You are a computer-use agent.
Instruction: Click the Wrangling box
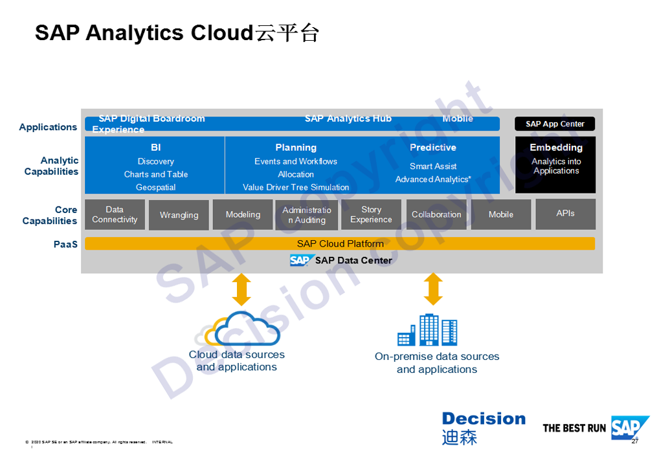pos(179,215)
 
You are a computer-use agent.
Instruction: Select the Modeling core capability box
pos(243,215)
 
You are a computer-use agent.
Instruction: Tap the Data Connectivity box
pos(115,214)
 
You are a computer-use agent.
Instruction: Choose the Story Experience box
pos(371,214)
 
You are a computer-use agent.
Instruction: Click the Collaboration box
pos(436,214)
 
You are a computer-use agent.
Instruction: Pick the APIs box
pos(565,214)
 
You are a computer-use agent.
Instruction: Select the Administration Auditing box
pos(307,215)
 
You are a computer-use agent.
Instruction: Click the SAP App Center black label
pos(555,124)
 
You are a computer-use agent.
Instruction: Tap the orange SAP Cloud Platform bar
pos(340,244)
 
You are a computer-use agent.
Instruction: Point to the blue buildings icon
pos(427,330)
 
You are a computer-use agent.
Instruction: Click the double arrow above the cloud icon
pos(241,289)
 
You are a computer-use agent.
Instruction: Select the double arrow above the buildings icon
pos(433,289)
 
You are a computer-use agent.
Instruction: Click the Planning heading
pos(296,148)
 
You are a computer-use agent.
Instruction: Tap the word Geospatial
pos(155,187)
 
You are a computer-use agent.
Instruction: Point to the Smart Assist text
pos(433,166)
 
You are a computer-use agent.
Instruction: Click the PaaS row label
pos(65,244)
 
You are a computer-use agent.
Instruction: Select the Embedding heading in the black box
pos(556,148)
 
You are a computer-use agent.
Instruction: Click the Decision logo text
pos(484,419)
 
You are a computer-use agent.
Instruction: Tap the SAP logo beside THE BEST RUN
pos(629,428)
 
